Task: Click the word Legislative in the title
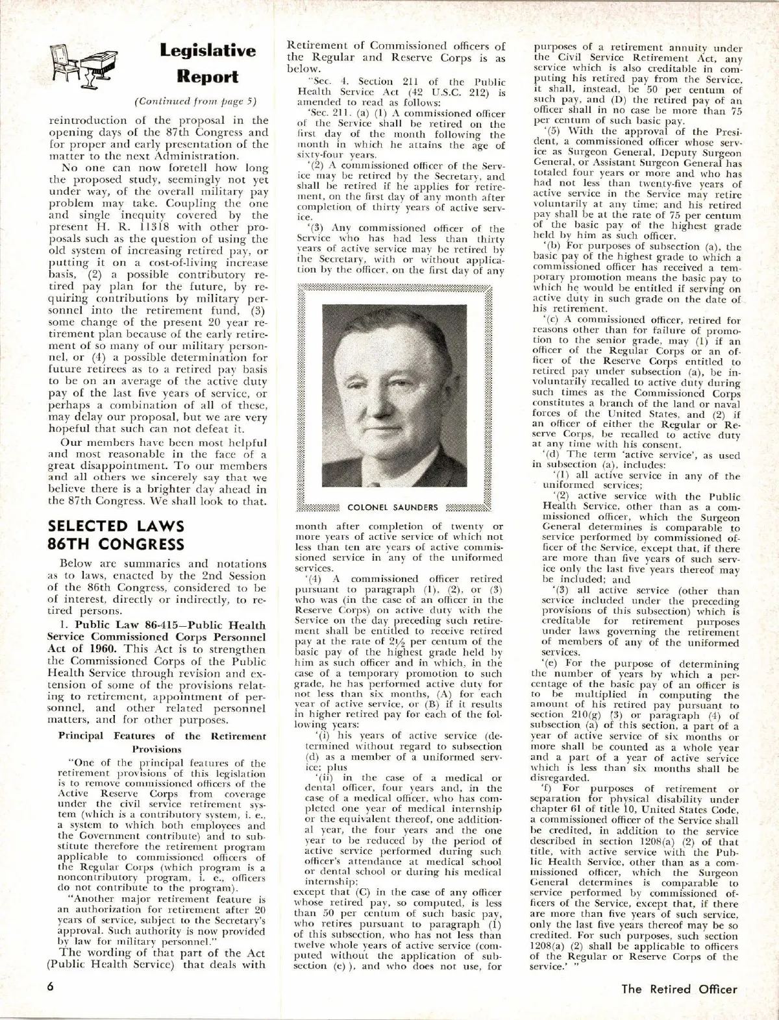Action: point(208,51)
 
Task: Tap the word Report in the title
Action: point(208,77)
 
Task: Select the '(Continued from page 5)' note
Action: point(195,101)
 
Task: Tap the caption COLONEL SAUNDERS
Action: point(393,507)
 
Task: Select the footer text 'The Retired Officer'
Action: point(679,989)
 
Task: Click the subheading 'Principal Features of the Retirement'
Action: point(162,736)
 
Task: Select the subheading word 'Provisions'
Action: point(162,748)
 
